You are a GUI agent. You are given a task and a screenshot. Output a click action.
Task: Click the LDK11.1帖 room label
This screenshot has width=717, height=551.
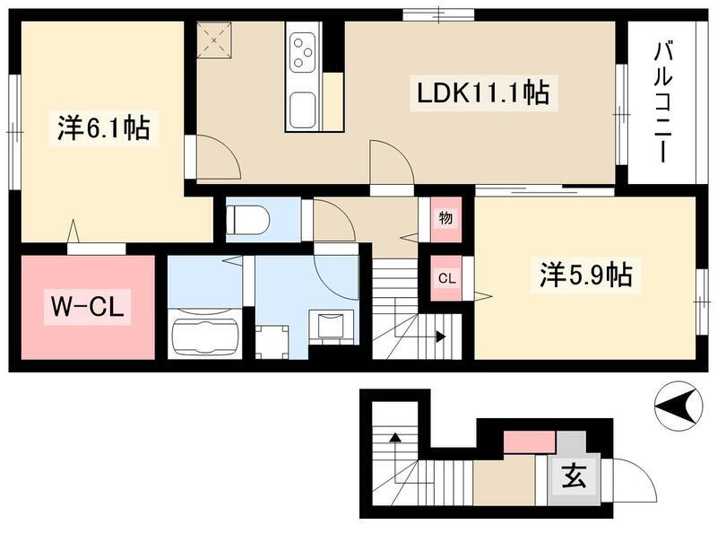[483, 93]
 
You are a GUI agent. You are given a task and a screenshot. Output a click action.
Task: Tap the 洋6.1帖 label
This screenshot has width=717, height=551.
[103, 127]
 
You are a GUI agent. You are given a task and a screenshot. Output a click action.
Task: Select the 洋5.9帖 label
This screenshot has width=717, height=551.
[586, 275]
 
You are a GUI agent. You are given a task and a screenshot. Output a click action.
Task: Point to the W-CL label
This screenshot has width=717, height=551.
[87, 307]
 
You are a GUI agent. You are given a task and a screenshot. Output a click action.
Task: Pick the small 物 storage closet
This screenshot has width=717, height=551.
[445, 219]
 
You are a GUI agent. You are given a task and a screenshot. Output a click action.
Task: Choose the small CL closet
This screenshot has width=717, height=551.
[446, 278]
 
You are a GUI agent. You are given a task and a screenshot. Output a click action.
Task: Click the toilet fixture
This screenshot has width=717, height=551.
[248, 219]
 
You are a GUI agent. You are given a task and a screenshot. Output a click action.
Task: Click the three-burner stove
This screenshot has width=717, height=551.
[302, 53]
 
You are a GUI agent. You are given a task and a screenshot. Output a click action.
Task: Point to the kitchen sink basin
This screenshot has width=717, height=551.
[302, 109]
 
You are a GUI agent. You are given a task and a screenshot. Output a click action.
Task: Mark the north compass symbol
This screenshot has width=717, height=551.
[678, 406]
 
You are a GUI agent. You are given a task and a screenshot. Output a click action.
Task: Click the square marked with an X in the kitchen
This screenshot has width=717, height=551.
[214, 39]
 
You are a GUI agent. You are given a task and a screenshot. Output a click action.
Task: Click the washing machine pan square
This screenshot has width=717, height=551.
[272, 342]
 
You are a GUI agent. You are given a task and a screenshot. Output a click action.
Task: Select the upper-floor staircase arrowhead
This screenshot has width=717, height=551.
[441, 337]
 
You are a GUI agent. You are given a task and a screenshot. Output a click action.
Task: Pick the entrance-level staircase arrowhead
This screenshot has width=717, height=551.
[394, 437]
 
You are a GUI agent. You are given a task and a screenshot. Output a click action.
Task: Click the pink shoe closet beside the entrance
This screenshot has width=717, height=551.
[530, 442]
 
